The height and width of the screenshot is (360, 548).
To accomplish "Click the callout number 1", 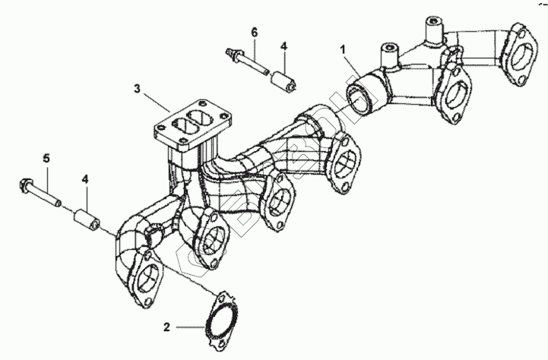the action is click(x=343, y=49).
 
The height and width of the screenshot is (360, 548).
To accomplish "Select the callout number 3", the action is click(x=137, y=89).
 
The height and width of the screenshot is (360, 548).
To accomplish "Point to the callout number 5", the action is click(x=46, y=159).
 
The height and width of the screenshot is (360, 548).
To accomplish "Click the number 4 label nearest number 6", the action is click(x=284, y=46).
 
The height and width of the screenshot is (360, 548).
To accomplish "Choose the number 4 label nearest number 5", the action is click(x=86, y=180).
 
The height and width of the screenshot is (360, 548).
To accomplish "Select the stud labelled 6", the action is click(x=246, y=62).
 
